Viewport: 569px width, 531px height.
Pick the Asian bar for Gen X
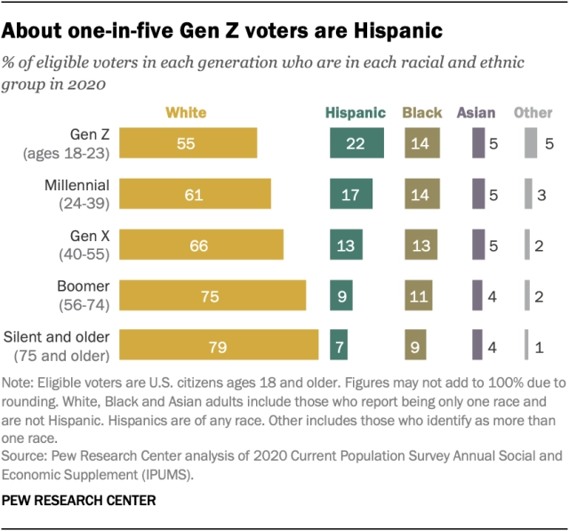[x=477, y=245]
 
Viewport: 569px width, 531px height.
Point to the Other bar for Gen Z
[x=530, y=143]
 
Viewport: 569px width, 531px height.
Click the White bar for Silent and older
[x=219, y=345]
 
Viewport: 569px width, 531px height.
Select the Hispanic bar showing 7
[x=338, y=345]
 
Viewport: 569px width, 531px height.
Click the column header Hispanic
[x=356, y=113]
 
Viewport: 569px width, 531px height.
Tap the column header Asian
[x=477, y=113]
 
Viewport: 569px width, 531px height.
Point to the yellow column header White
[x=186, y=113]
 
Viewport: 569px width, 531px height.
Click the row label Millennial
[x=76, y=186]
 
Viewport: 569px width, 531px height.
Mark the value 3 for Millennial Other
[x=541, y=194]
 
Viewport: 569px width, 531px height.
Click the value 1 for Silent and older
[x=540, y=345]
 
